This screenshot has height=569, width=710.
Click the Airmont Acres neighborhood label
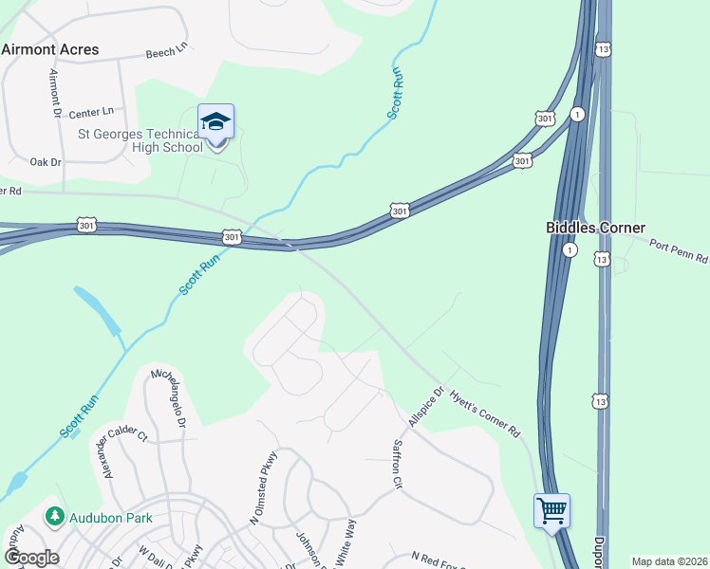click(50, 49)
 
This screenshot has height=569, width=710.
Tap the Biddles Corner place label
click(595, 228)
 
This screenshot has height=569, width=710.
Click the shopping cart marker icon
click(551, 511)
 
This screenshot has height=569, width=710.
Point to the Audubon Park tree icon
click(55, 516)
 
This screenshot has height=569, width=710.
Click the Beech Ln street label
click(167, 54)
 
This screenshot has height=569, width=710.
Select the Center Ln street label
click(91, 113)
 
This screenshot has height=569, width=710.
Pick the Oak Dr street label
click(46, 162)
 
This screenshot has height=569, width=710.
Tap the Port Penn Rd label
click(679, 251)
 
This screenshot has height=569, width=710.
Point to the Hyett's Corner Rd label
click(485, 416)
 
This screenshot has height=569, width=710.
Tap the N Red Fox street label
click(439, 560)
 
